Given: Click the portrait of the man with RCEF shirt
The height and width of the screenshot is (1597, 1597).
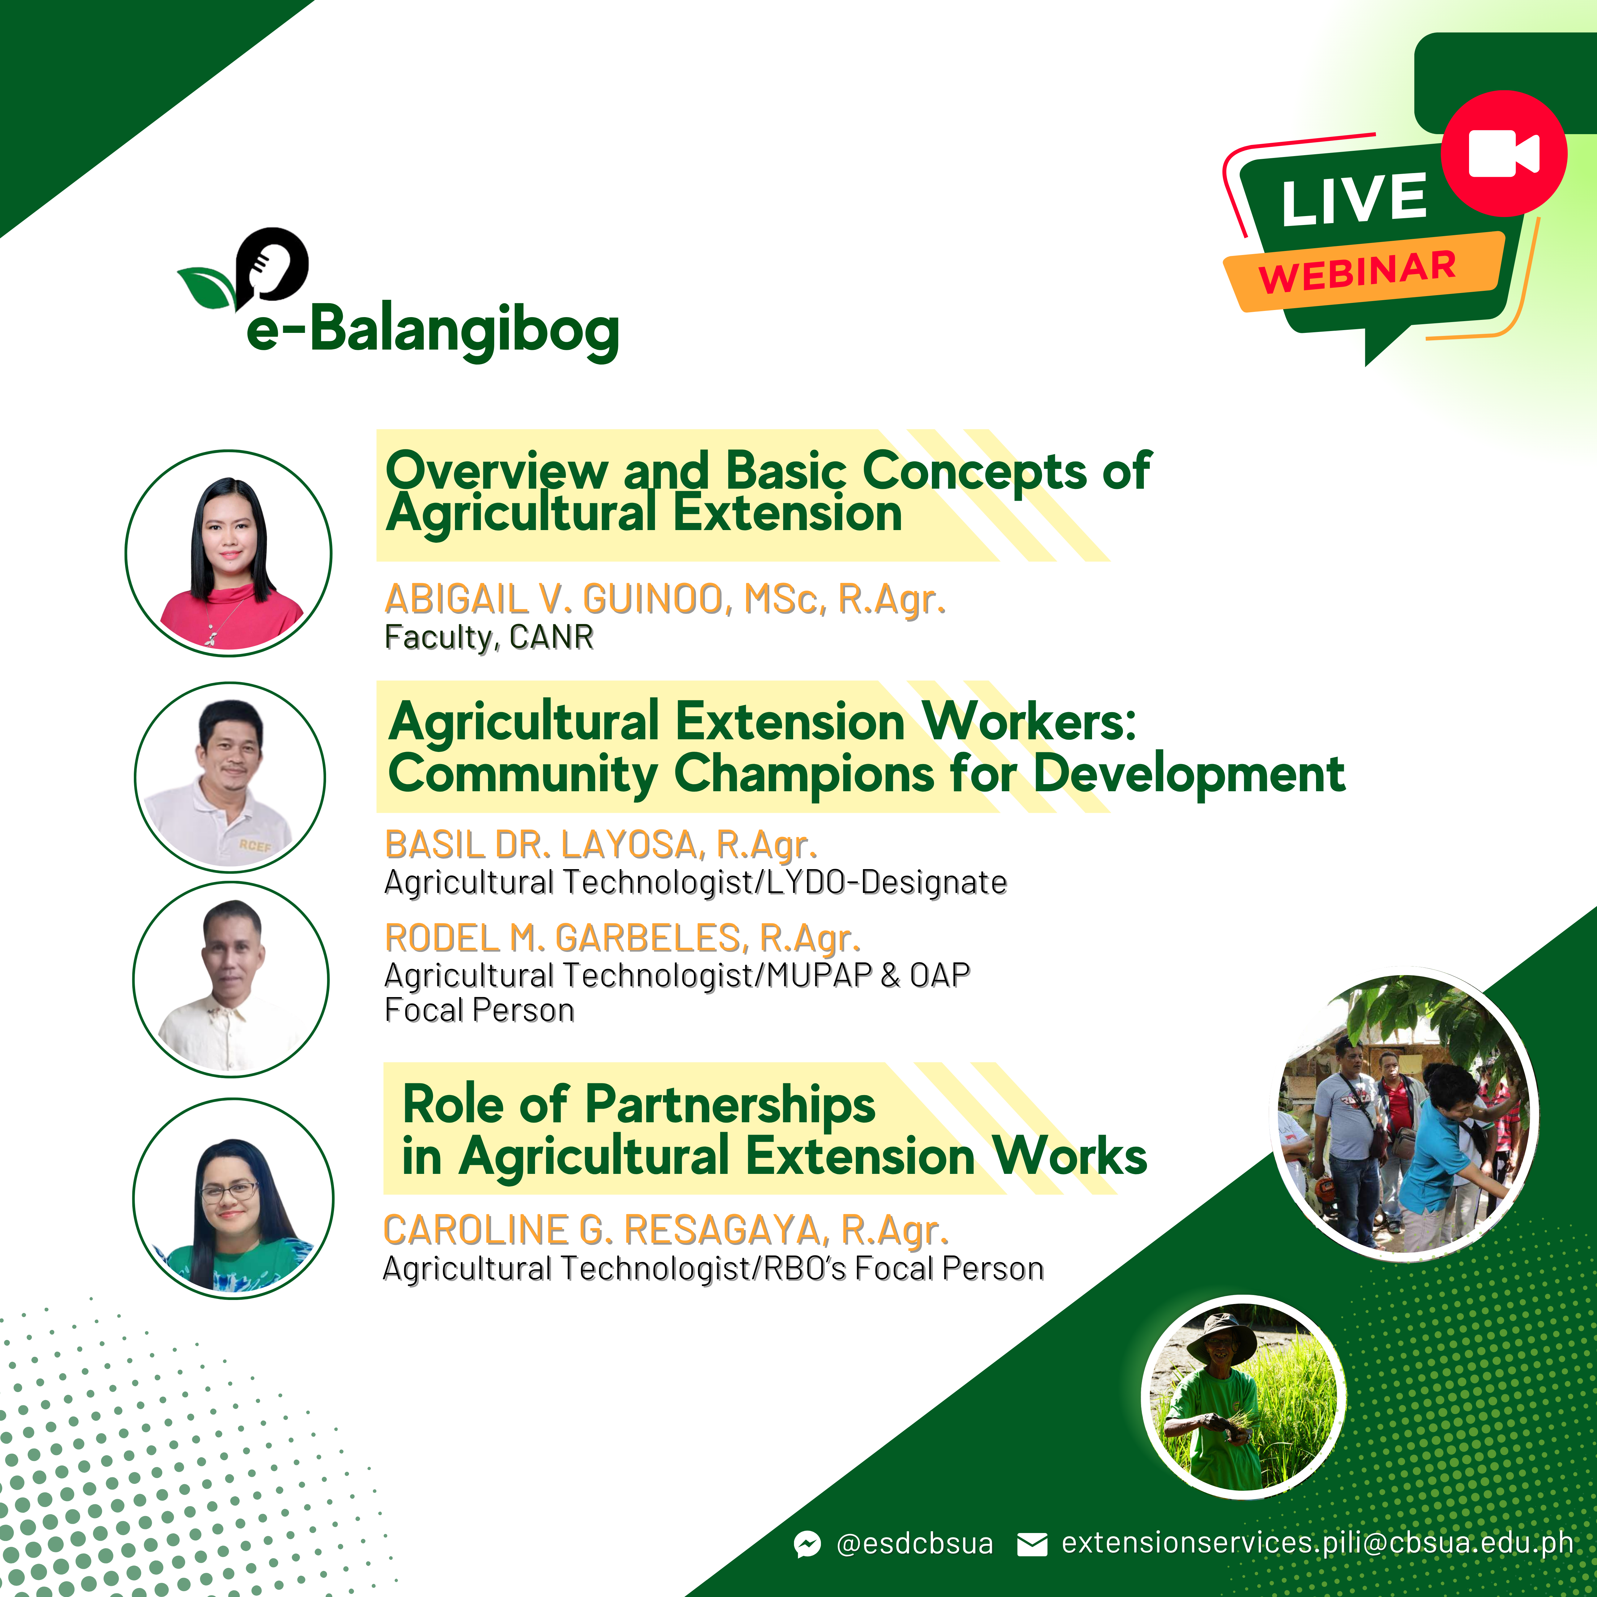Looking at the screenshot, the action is pyautogui.click(x=230, y=777).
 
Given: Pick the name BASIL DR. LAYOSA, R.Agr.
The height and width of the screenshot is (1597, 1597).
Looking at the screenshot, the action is pyautogui.click(x=601, y=845).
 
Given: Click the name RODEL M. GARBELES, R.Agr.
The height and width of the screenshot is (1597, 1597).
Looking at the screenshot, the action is pyautogui.click(x=622, y=938).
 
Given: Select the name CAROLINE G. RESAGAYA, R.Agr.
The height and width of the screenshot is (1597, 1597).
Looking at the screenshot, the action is pyautogui.click(x=665, y=1230).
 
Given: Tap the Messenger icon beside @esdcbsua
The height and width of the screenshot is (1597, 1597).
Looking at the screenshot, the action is pyautogui.click(x=808, y=1543).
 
